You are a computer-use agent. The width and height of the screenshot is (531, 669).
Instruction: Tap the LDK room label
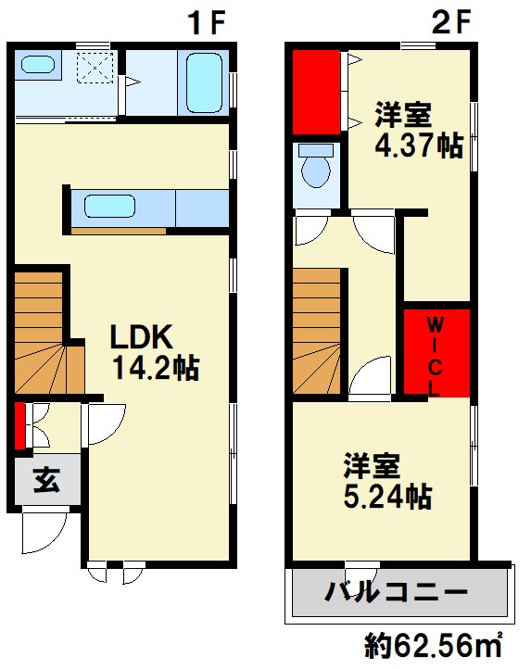click(138, 336)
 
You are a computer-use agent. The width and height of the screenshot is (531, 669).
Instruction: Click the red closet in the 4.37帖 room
click(317, 91)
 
